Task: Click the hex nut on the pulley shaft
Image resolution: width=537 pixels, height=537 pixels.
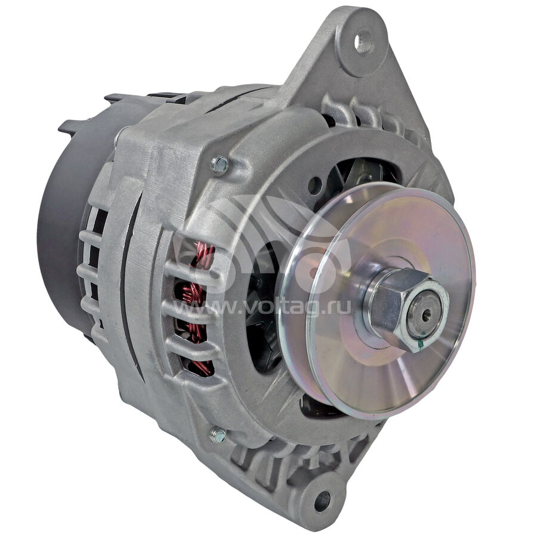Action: pyautogui.click(x=408, y=309)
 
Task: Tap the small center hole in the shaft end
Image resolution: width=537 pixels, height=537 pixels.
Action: pyautogui.click(x=425, y=316)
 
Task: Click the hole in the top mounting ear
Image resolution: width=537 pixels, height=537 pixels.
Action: pyautogui.click(x=364, y=42)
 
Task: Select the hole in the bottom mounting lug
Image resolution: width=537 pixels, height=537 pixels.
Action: pyautogui.click(x=322, y=500)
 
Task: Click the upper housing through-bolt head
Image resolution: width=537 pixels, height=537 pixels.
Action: pyautogui.click(x=220, y=165)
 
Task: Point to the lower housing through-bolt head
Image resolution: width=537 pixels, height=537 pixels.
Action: pyautogui.click(x=218, y=436)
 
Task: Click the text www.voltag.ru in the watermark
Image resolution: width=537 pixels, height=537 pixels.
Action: pyautogui.click(x=263, y=306)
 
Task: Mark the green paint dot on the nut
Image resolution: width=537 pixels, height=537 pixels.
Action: pyautogui.click(x=421, y=344)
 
